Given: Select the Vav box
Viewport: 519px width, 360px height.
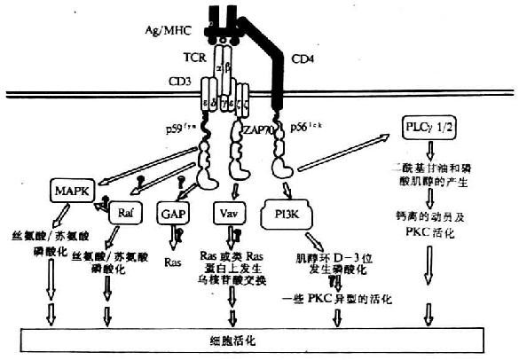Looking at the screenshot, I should pyautogui.click(x=228, y=213).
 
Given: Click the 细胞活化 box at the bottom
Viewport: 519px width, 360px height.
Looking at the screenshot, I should pyautogui.click(x=256, y=338).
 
